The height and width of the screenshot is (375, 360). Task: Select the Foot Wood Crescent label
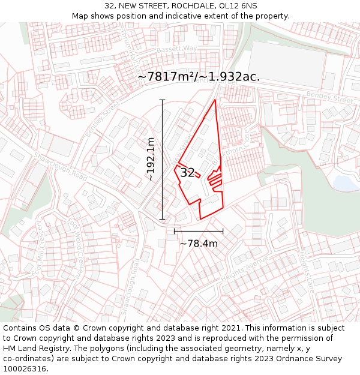click(x=76, y=241)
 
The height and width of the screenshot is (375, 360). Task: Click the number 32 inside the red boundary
click(x=187, y=173)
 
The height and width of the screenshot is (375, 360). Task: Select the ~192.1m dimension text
click(x=151, y=159)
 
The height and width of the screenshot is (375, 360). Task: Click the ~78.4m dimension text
click(x=199, y=244)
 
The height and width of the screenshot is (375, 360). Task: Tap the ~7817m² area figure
click(x=165, y=77)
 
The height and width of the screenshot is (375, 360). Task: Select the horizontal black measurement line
click(x=199, y=230)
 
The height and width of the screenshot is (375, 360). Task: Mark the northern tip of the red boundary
click(x=215, y=100)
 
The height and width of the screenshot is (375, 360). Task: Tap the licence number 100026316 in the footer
click(x=25, y=369)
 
